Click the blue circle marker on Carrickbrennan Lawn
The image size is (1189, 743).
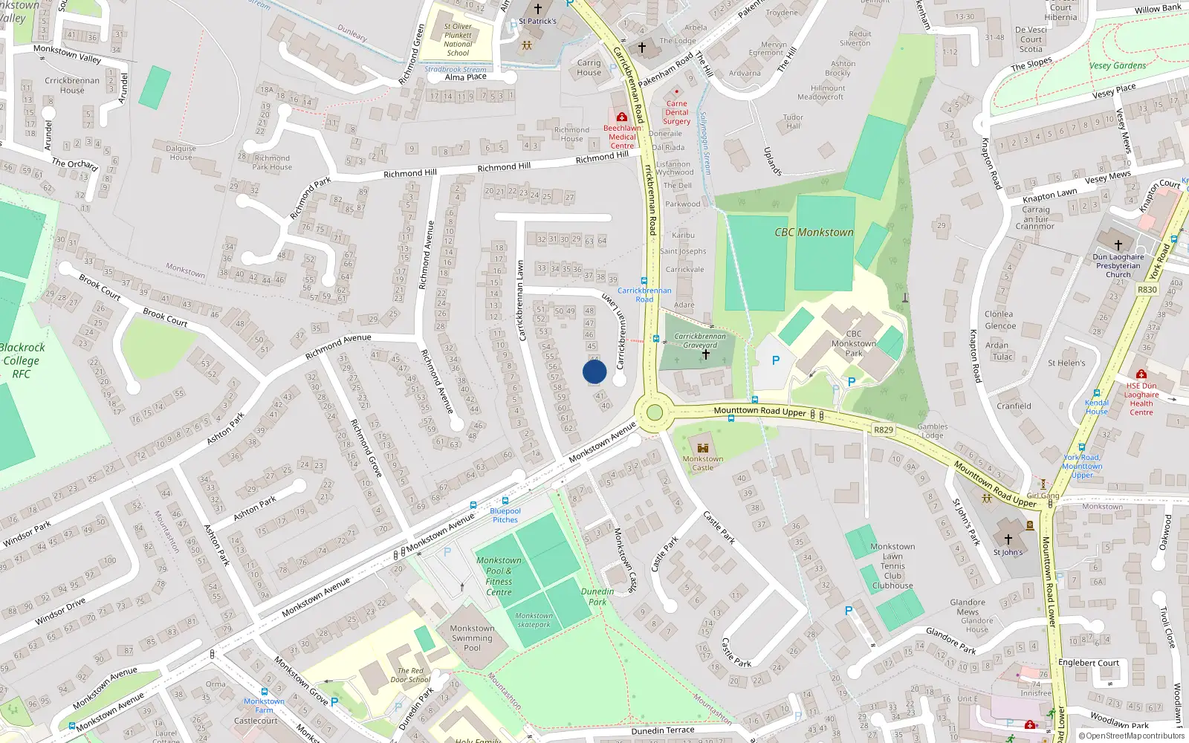point(594,371)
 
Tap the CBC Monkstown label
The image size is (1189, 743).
point(814,233)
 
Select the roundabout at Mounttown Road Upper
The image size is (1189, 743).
point(654,412)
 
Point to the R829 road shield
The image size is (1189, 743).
point(884,429)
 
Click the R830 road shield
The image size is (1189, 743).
point(1147,290)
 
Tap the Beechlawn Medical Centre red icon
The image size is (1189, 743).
point(621,117)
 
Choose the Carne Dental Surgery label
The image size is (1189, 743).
point(676,112)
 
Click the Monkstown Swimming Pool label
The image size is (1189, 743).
point(472,637)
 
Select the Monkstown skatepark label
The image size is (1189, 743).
point(534,620)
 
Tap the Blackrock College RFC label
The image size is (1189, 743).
point(22,360)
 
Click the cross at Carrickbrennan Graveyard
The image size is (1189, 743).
point(705,354)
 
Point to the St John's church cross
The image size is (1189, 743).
point(1008,539)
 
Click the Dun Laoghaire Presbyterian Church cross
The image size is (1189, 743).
point(1118,244)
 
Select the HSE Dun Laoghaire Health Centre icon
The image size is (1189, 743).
point(1141,374)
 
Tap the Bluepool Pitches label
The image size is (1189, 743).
point(505,515)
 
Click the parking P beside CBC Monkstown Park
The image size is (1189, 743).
point(776,360)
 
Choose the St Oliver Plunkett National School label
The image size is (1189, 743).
point(458,39)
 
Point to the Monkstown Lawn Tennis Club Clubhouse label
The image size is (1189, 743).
point(892,566)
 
